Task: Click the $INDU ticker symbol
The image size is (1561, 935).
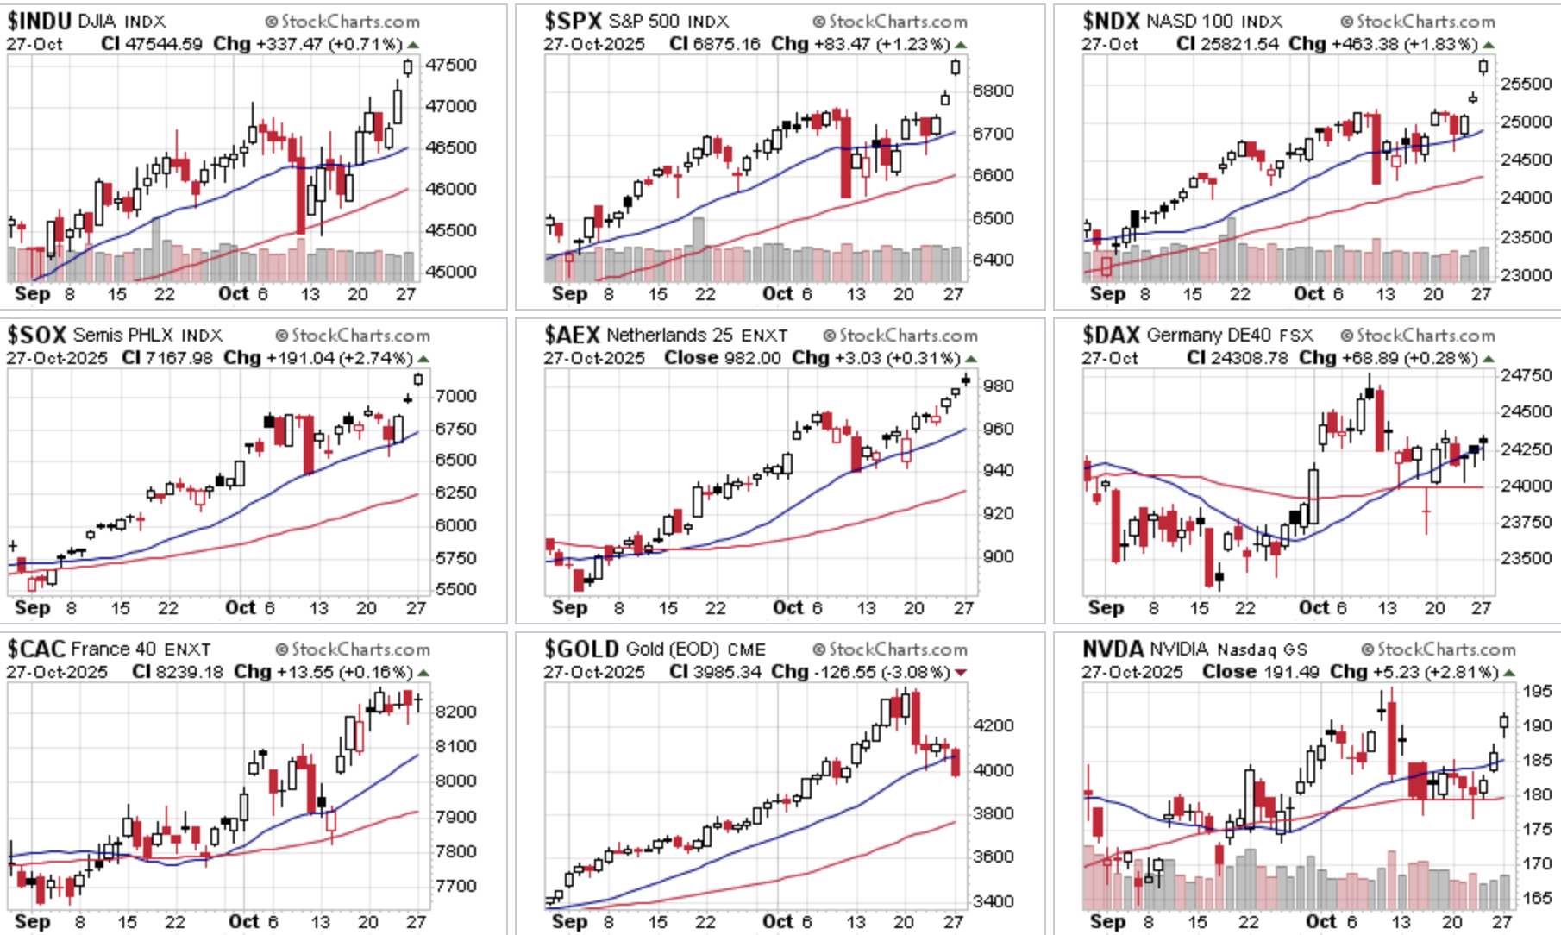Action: point(39,21)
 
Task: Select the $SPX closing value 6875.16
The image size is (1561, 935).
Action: point(731,44)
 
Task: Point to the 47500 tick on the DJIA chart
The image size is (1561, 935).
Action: point(450,66)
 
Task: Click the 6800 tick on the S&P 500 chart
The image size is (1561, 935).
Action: point(993,91)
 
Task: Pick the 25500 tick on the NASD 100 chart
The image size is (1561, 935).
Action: point(1527,84)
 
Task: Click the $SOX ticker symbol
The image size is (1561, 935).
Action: point(37,335)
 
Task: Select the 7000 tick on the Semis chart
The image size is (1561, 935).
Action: point(455,396)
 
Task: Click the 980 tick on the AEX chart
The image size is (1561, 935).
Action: point(999,386)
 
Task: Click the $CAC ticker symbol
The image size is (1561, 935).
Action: point(37,649)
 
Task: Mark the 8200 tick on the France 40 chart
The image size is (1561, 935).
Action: point(456,712)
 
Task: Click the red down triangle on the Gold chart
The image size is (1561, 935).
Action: point(961,673)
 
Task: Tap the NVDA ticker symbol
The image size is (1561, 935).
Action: point(1113,649)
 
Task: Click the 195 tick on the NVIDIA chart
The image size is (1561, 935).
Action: point(1537,691)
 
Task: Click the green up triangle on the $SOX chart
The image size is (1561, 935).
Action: point(423,359)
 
